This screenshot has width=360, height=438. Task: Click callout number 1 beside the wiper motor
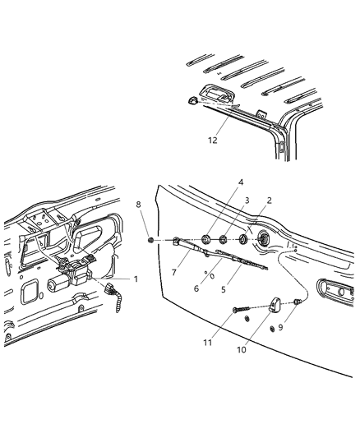(136, 279)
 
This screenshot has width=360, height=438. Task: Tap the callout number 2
(269, 200)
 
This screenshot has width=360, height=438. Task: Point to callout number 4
(218, 182)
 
